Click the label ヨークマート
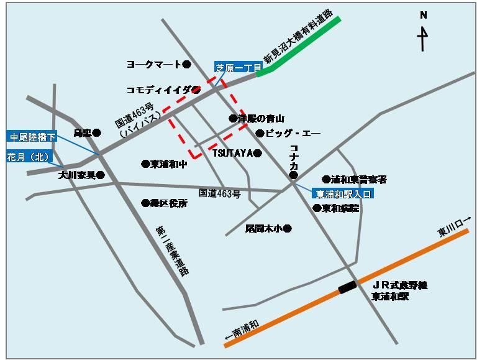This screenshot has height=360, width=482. (153, 64)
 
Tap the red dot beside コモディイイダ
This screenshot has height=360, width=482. (196, 89)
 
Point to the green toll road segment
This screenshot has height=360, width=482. (299, 46)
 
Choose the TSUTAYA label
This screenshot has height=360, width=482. (232, 153)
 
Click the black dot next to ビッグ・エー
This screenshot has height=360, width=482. (260, 133)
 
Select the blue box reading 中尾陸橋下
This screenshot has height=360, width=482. (32, 137)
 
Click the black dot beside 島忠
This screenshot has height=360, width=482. (97, 132)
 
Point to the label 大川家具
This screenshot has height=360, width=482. (77, 175)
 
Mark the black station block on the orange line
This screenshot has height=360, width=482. (348, 287)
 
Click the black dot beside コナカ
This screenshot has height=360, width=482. (294, 176)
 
